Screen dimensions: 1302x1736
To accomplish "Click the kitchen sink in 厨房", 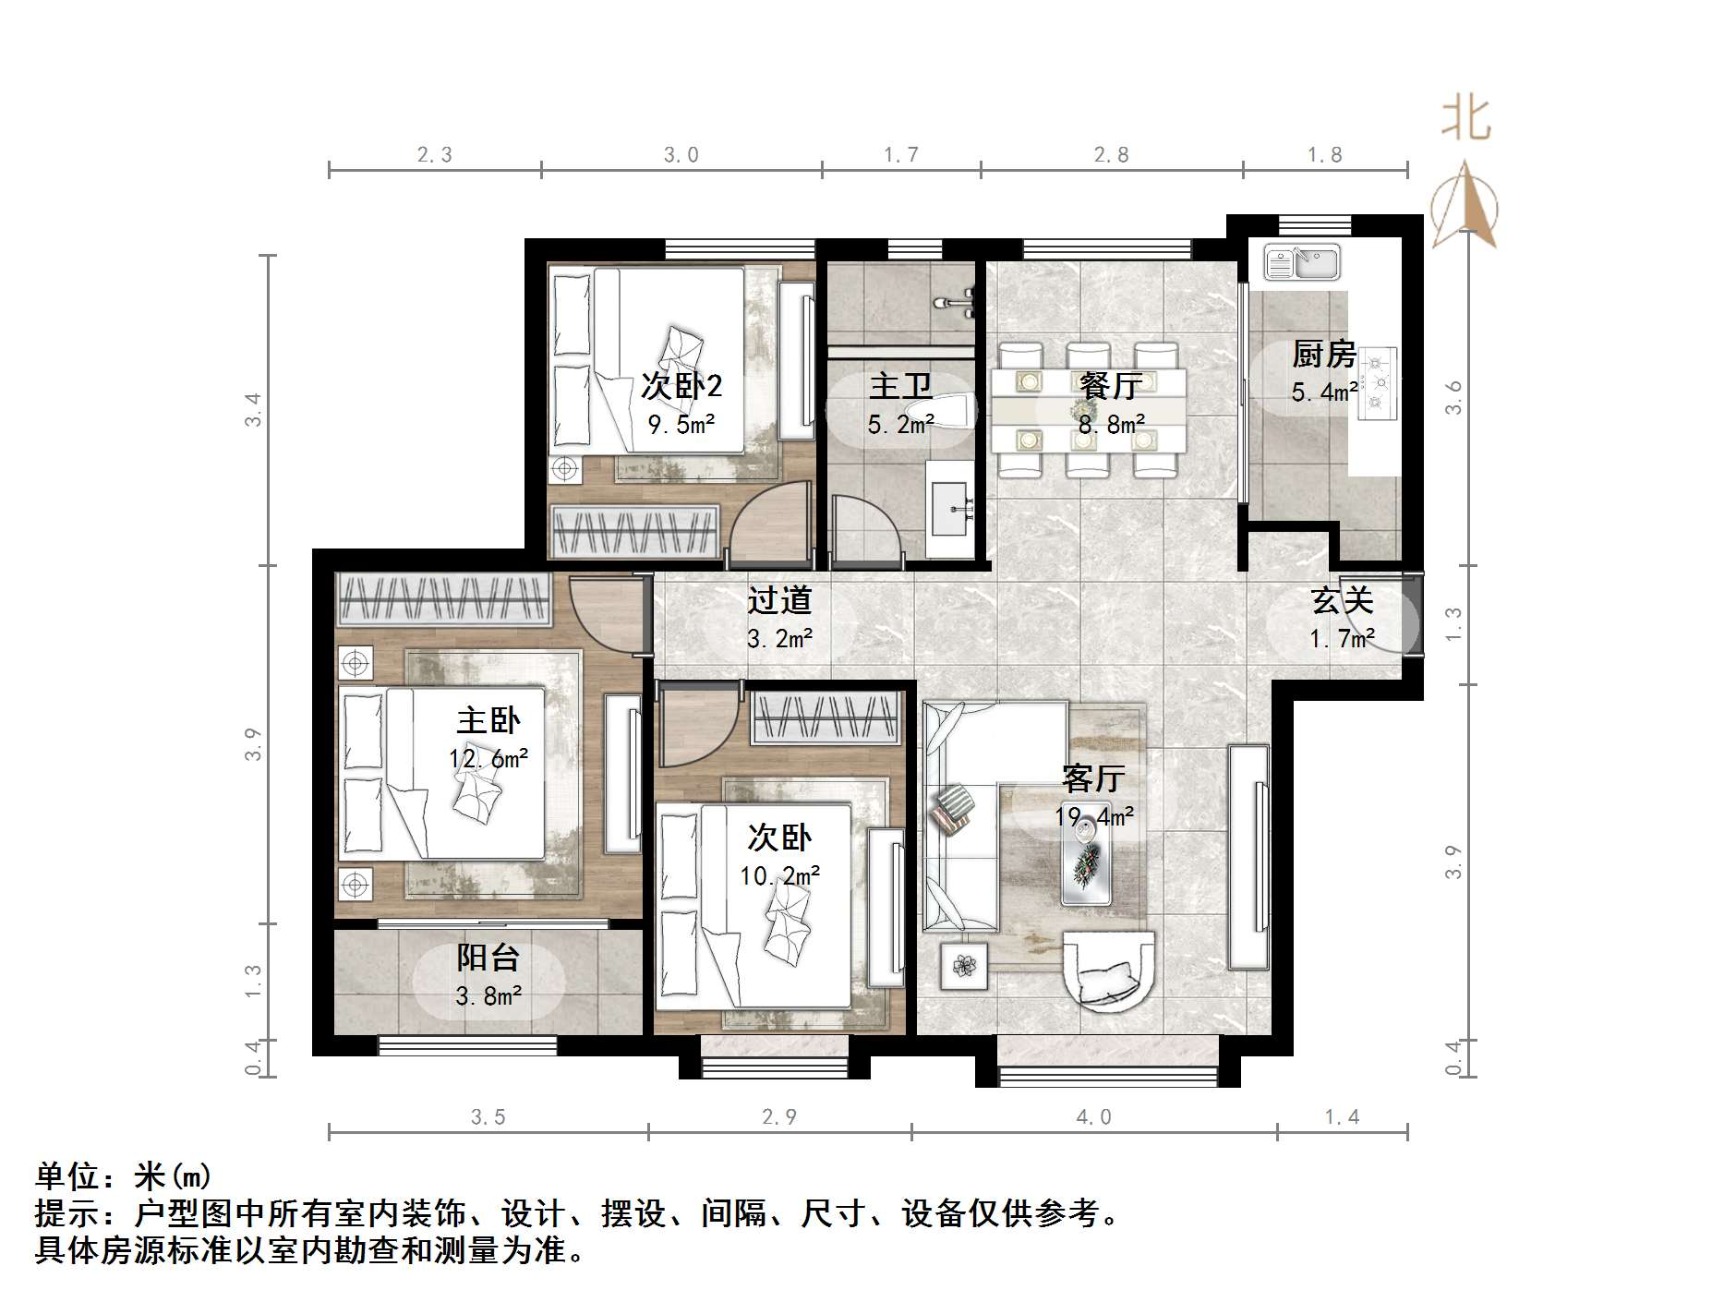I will coord(1302,262).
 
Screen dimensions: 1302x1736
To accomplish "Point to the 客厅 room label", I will coord(1093,778).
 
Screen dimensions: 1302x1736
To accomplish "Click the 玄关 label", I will coord(1343,600).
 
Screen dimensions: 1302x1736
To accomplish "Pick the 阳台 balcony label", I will coord(488,958).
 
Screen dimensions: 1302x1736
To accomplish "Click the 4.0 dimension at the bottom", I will coord(1093,1117).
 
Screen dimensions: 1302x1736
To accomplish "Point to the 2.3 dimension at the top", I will coord(434,155).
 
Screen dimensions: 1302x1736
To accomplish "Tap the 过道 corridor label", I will coord(779,600).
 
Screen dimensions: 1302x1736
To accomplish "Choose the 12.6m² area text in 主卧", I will coord(488,759).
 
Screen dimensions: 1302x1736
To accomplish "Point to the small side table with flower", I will coord(964,966).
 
